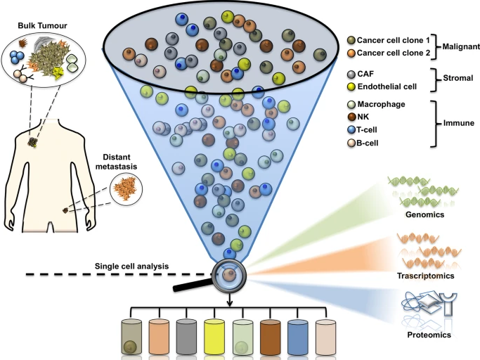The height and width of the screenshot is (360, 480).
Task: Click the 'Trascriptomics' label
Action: (x=424, y=276)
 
